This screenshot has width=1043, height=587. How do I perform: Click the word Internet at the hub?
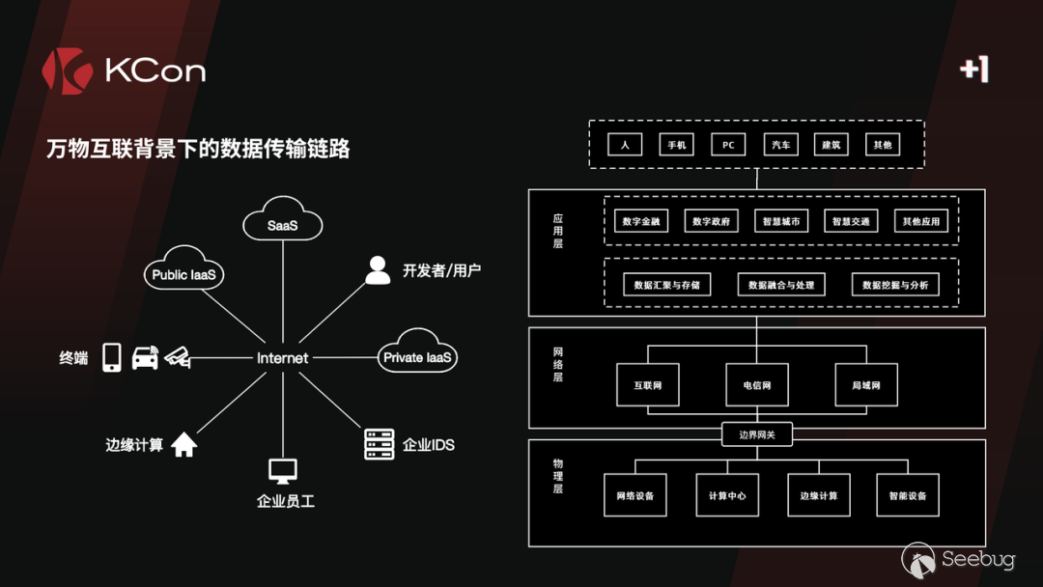point(282,358)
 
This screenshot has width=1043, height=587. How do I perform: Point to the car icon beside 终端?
point(145,357)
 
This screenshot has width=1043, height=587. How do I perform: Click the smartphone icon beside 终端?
point(112,357)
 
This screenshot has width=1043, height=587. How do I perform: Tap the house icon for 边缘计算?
point(183,445)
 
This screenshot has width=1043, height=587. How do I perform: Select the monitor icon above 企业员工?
point(283,471)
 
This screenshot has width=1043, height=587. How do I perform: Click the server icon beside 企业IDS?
point(380,444)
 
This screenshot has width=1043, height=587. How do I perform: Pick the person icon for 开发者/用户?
point(379,270)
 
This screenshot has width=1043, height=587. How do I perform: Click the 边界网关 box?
point(757,435)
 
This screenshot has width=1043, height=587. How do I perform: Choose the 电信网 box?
point(757,385)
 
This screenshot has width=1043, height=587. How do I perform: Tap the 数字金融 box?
point(641,221)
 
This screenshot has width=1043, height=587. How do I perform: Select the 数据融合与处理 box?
point(781,286)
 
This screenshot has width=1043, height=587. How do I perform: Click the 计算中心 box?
point(726,495)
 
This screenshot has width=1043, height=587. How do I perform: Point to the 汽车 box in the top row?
point(779,145)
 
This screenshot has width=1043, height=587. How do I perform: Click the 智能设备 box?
point(907,495)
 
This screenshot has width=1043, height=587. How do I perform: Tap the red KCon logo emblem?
point(66,71)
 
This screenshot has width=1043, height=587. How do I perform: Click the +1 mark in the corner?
point(974,69)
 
